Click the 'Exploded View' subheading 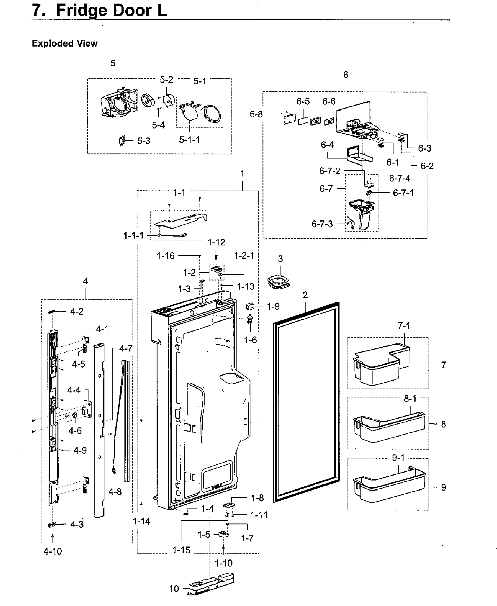pyautogui.click(x=65, y=44)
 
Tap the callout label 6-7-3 pyautogui.click(x=322, y=224)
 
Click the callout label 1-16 pyautogui.click(x=165, y=256)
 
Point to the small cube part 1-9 pyautogui.click(x=250, y=307)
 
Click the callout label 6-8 pyautogui.click(x=256, y=114)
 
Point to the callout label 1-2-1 pyautogui.click(x=244, y=256)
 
